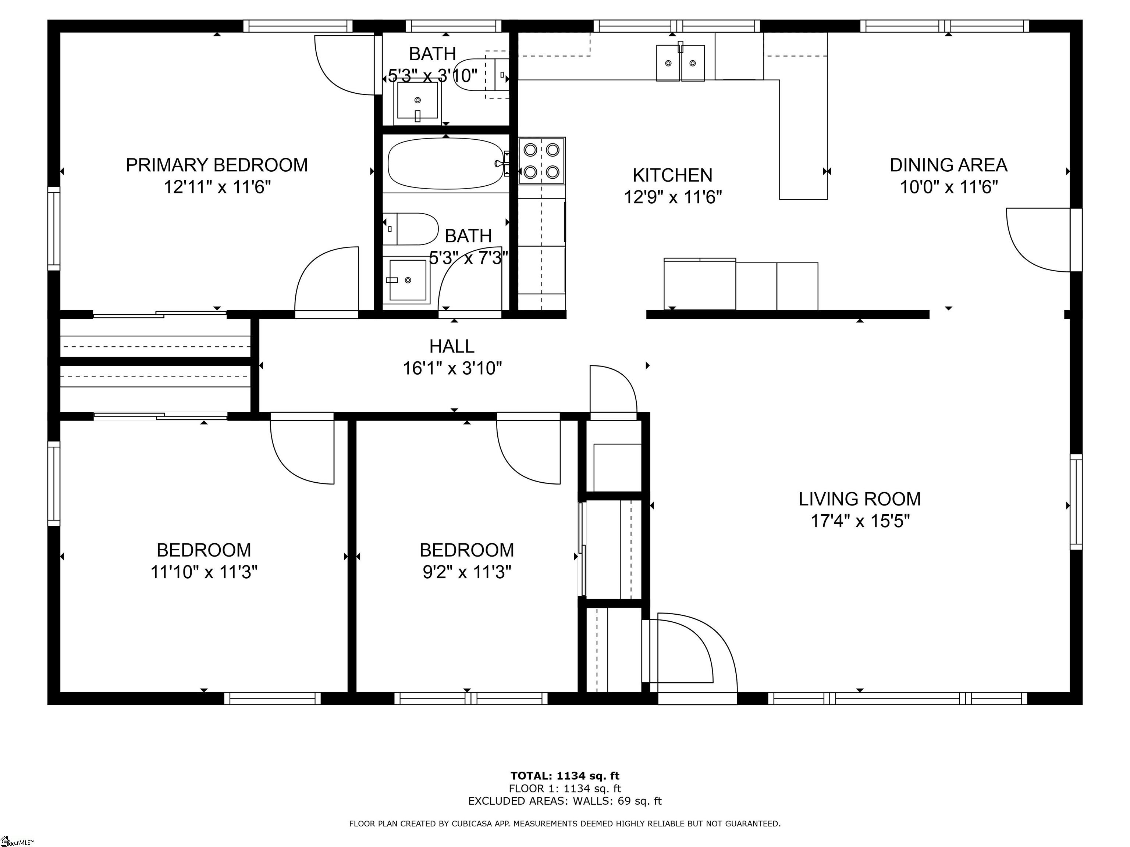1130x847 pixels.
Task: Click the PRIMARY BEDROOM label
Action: click(x=217, y=165)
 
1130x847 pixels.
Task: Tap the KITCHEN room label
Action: click(x=672, y=175)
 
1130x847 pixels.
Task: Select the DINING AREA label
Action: click(x=949, y=165)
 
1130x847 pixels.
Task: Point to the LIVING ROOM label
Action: click(x=860, y=499)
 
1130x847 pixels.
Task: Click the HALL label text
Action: click(x=452, y=346)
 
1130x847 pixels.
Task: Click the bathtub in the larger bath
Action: click(x=446, y=163)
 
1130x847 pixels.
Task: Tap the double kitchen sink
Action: click(x=680, y=63)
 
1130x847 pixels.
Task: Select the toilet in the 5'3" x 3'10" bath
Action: click(x=482, y=75)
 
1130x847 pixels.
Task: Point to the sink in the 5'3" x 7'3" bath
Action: click(x=408, y=280)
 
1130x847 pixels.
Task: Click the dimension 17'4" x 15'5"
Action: click(x=860, y=521)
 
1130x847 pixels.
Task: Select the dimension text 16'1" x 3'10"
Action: click(x=452, y=368)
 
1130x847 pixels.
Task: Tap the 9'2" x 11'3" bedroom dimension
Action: click(x=466, y=572)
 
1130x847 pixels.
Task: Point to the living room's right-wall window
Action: click(x=1076, y=502)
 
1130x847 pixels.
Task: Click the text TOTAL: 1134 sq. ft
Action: click(x=565, y=776)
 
